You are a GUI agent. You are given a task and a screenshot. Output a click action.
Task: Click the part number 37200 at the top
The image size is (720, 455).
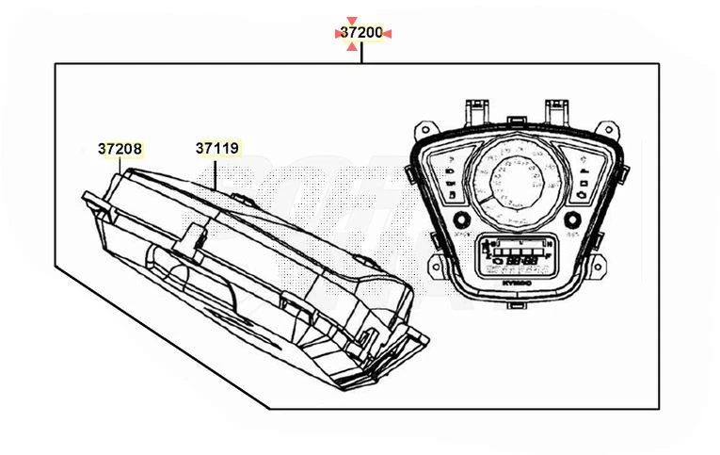361,33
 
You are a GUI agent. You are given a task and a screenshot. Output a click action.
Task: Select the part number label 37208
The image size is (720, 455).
120,149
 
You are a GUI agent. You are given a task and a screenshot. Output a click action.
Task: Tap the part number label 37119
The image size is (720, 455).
217,149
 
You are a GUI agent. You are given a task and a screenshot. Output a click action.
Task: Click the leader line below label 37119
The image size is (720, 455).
217,171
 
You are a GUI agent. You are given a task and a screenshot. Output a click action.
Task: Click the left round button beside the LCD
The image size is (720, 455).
461,220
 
